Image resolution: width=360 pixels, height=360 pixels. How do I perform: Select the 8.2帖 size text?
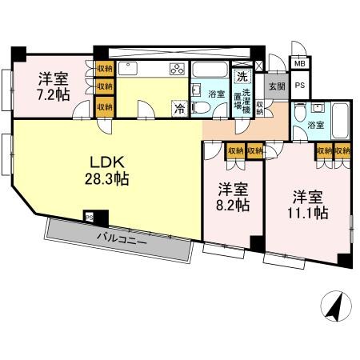(232, 205)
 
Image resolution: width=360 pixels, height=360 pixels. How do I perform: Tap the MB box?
(299, 64)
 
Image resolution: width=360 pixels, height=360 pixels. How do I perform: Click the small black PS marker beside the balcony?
(90, 216)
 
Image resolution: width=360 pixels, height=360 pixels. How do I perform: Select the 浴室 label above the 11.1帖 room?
(315, 125)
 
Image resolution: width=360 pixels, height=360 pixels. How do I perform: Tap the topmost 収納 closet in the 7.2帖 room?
(104, 69)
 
